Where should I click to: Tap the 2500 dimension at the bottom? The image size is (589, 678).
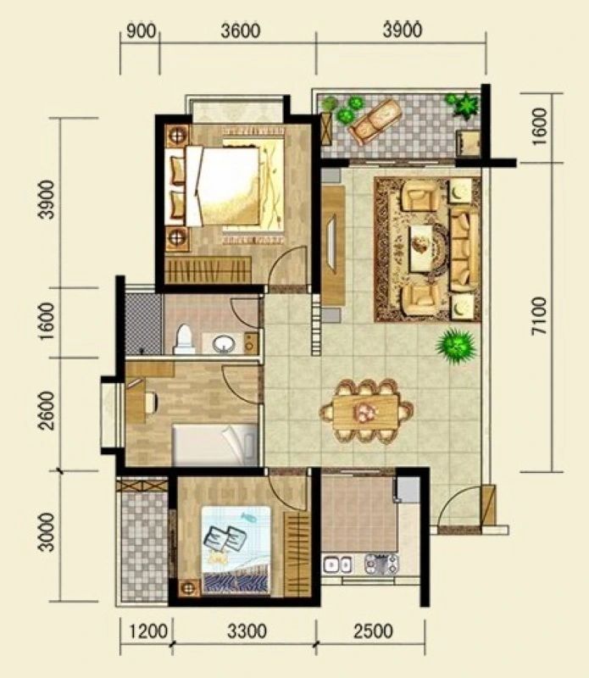pos(373,631)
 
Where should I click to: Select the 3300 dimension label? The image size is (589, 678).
pos(247,631)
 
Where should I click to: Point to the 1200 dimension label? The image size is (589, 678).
pos(148,631)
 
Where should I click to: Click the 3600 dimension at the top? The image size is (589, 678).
pos(241,31)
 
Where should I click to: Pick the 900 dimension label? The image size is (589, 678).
pos(141,31)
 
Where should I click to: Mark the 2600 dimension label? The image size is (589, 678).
pos(47,410)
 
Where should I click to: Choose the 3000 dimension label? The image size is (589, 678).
pos(47,532)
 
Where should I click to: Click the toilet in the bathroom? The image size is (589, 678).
pos(184,340)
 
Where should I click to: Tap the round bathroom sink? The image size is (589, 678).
pos(224,344)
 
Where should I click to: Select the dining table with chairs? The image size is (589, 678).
pos(366,411)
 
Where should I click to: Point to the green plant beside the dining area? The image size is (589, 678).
pos(456,346)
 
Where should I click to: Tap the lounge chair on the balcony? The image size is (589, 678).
pos(375,120)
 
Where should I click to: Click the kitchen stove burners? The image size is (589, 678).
pos(381,564)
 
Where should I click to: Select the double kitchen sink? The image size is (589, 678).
pos(338,564)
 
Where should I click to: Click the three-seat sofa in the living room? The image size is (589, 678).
pos(464,250)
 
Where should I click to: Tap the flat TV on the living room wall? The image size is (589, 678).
pos(331,243)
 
